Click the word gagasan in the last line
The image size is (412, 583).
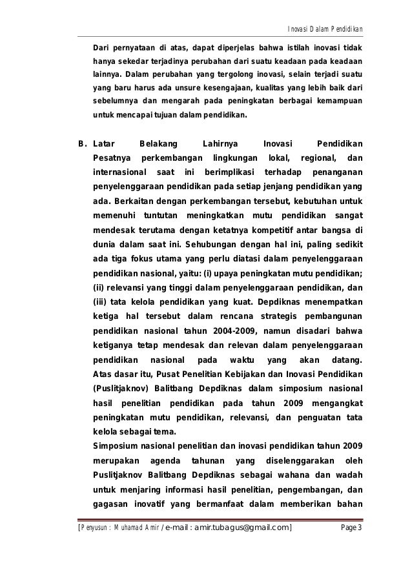coord(111,504)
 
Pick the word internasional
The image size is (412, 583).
coord(119,172)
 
